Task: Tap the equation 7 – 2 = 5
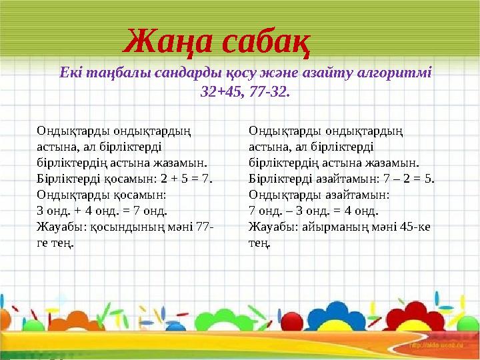[407, 179]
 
